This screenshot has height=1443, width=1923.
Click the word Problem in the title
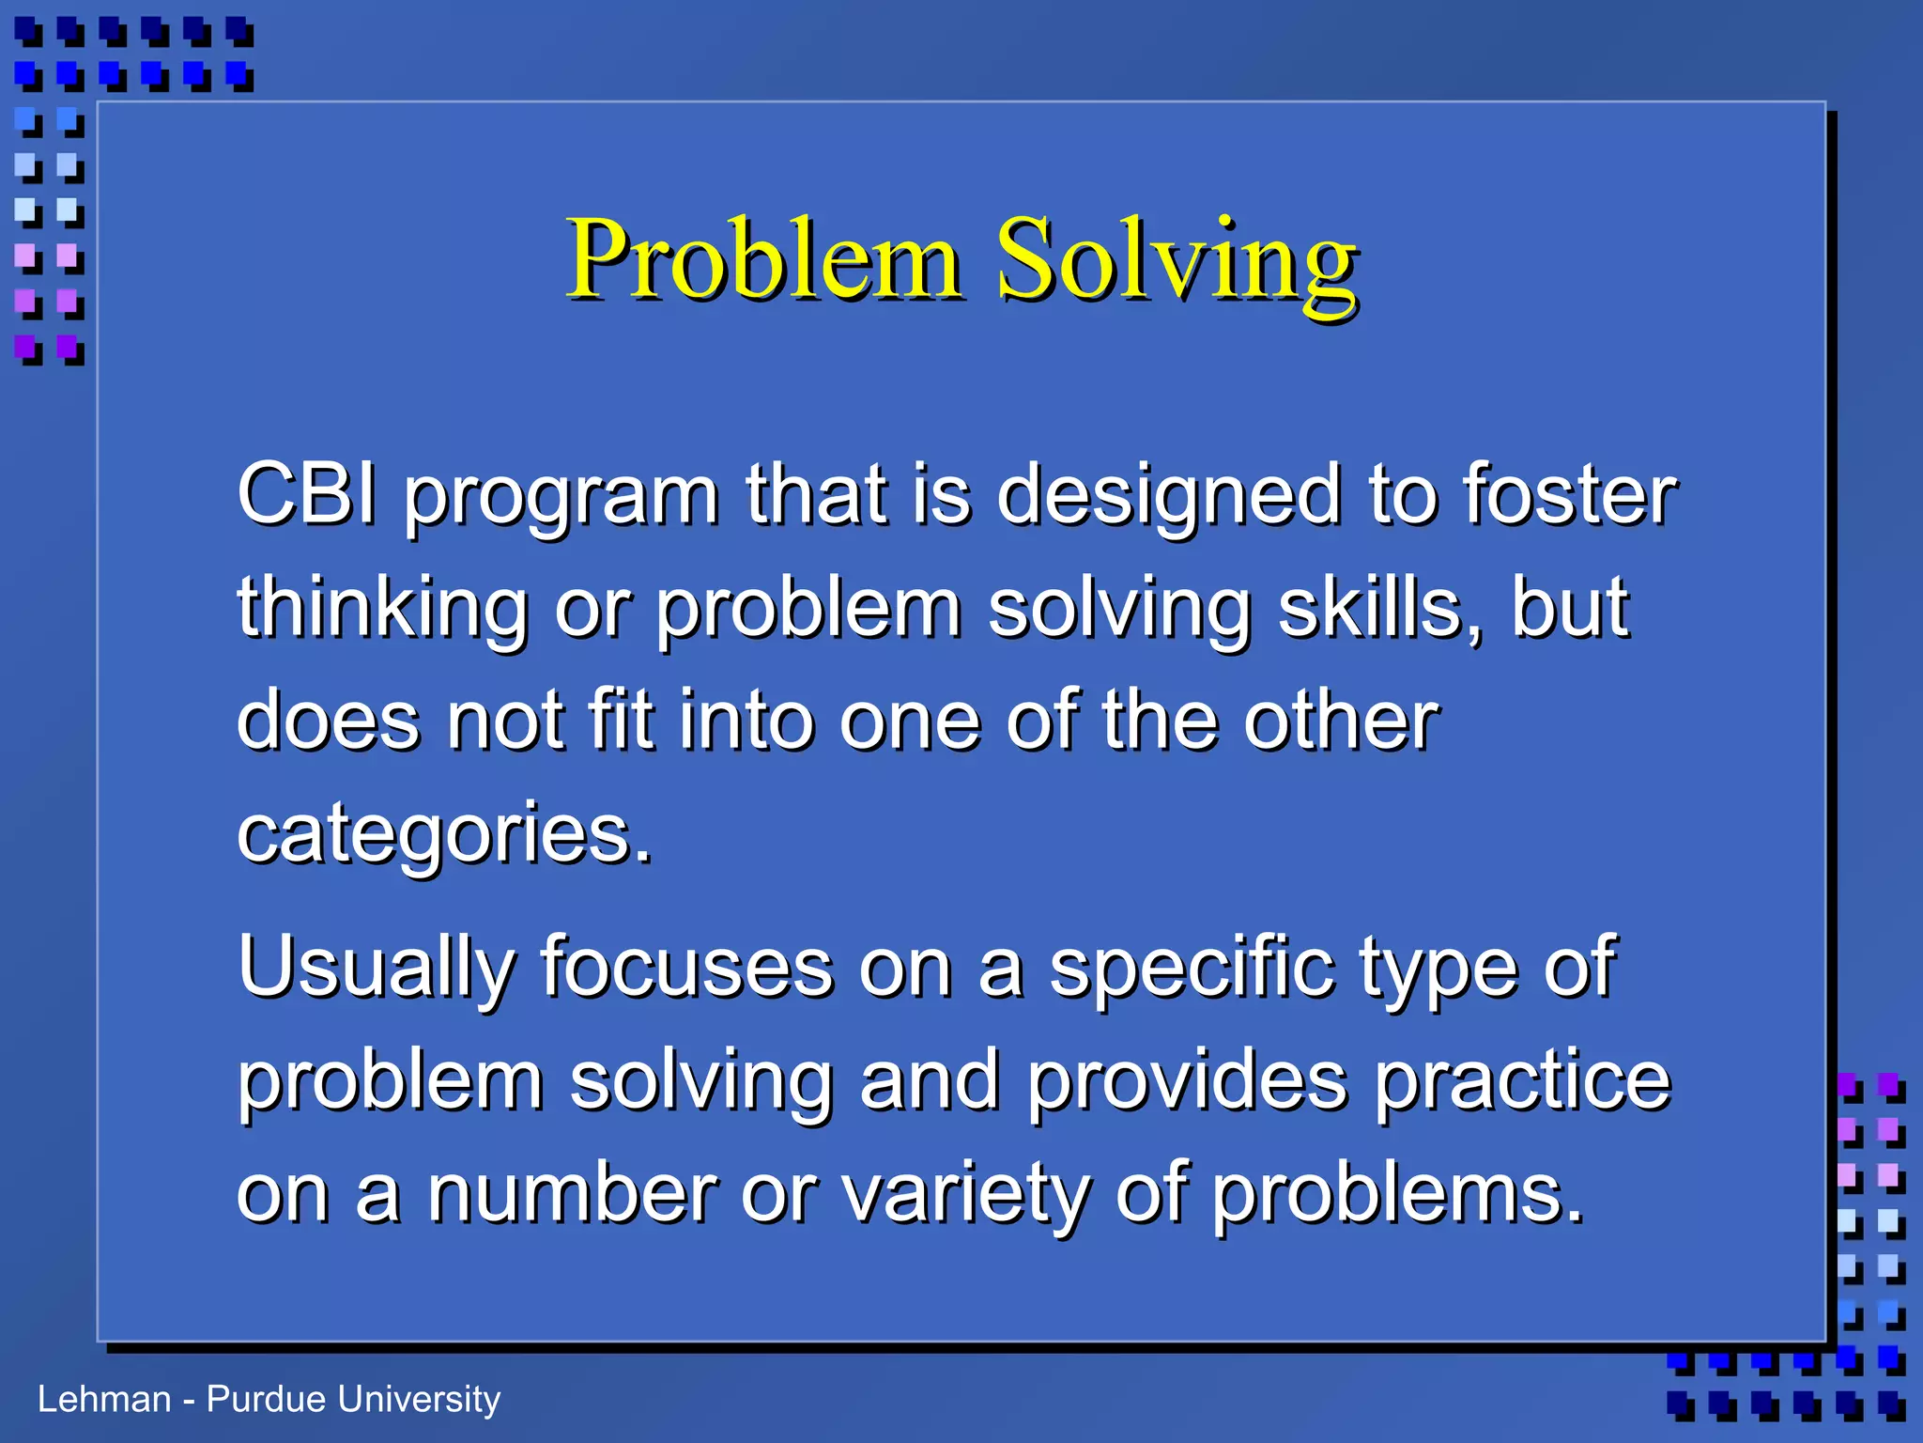(763, 259)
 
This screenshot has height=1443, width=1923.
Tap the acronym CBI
(306, 494)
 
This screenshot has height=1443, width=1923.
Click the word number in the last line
(573, 1193)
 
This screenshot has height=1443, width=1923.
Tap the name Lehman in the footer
(104, 1400)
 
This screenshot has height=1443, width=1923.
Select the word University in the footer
(419, 1400)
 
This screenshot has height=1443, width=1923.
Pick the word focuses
(686, 968)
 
